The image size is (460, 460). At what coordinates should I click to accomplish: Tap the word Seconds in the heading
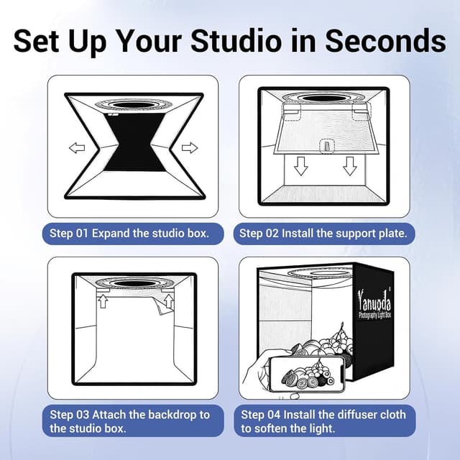[386, 40]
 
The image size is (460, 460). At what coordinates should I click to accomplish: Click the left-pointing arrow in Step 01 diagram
[77, 147]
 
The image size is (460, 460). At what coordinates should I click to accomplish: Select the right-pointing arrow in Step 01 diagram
[190, 147]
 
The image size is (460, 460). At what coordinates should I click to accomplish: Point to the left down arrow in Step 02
[300, 166]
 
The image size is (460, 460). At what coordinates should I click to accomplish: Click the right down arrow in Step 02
[350, 166]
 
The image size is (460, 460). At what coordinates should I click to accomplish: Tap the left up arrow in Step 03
[103, 302]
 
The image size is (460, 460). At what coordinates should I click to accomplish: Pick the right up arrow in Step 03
[169, 301]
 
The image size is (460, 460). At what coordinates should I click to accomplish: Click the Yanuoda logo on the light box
[374, 304]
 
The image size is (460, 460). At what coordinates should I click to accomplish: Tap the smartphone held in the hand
[307, 374]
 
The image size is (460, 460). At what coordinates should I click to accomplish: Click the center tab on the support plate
[328, 145]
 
